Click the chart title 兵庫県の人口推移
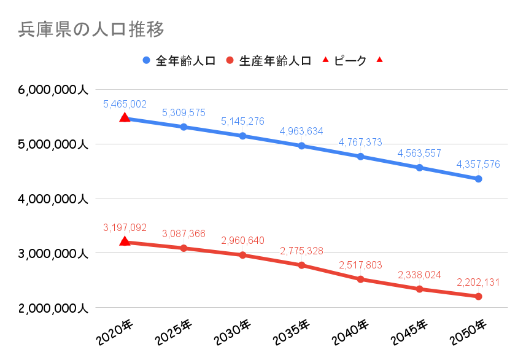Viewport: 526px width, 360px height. pos(91,29)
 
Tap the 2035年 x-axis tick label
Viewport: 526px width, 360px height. pos(291,332)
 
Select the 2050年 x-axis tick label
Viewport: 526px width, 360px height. pos(468,332)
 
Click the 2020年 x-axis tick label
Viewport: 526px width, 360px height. pos(114,332)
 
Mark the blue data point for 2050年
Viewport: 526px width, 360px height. pos(478,179)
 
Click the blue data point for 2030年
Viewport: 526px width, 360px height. pos(242,136)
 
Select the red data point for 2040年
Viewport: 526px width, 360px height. pos(360,279)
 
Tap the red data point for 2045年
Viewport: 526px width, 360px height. pos(419,289)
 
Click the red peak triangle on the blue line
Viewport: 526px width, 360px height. pos(125,117)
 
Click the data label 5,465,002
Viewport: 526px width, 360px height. pos(125,104)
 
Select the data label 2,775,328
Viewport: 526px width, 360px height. pos(301,251)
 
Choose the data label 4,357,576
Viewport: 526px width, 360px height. pos(478,164)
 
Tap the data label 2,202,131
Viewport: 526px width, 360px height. pos(478,283)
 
